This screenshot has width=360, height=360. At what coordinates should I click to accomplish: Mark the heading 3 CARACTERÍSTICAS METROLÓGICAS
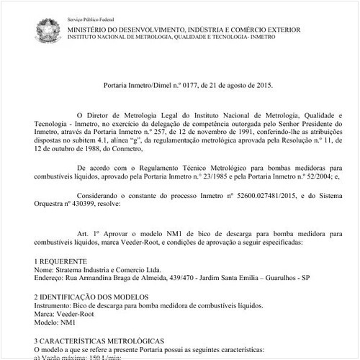tap(99, 341)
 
